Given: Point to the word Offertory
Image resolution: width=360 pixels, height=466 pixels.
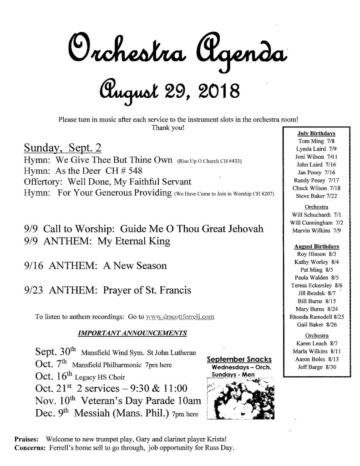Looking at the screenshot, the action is coord(43,182).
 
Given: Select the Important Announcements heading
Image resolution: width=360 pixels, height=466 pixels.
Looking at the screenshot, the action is coord(132,333).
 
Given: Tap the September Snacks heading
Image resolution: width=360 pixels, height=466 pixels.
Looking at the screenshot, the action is coord(239,360).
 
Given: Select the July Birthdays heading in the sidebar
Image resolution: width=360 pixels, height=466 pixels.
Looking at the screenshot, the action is coord(316,133).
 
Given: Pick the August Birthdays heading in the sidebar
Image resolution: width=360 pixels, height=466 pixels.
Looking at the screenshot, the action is coord(316,246).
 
